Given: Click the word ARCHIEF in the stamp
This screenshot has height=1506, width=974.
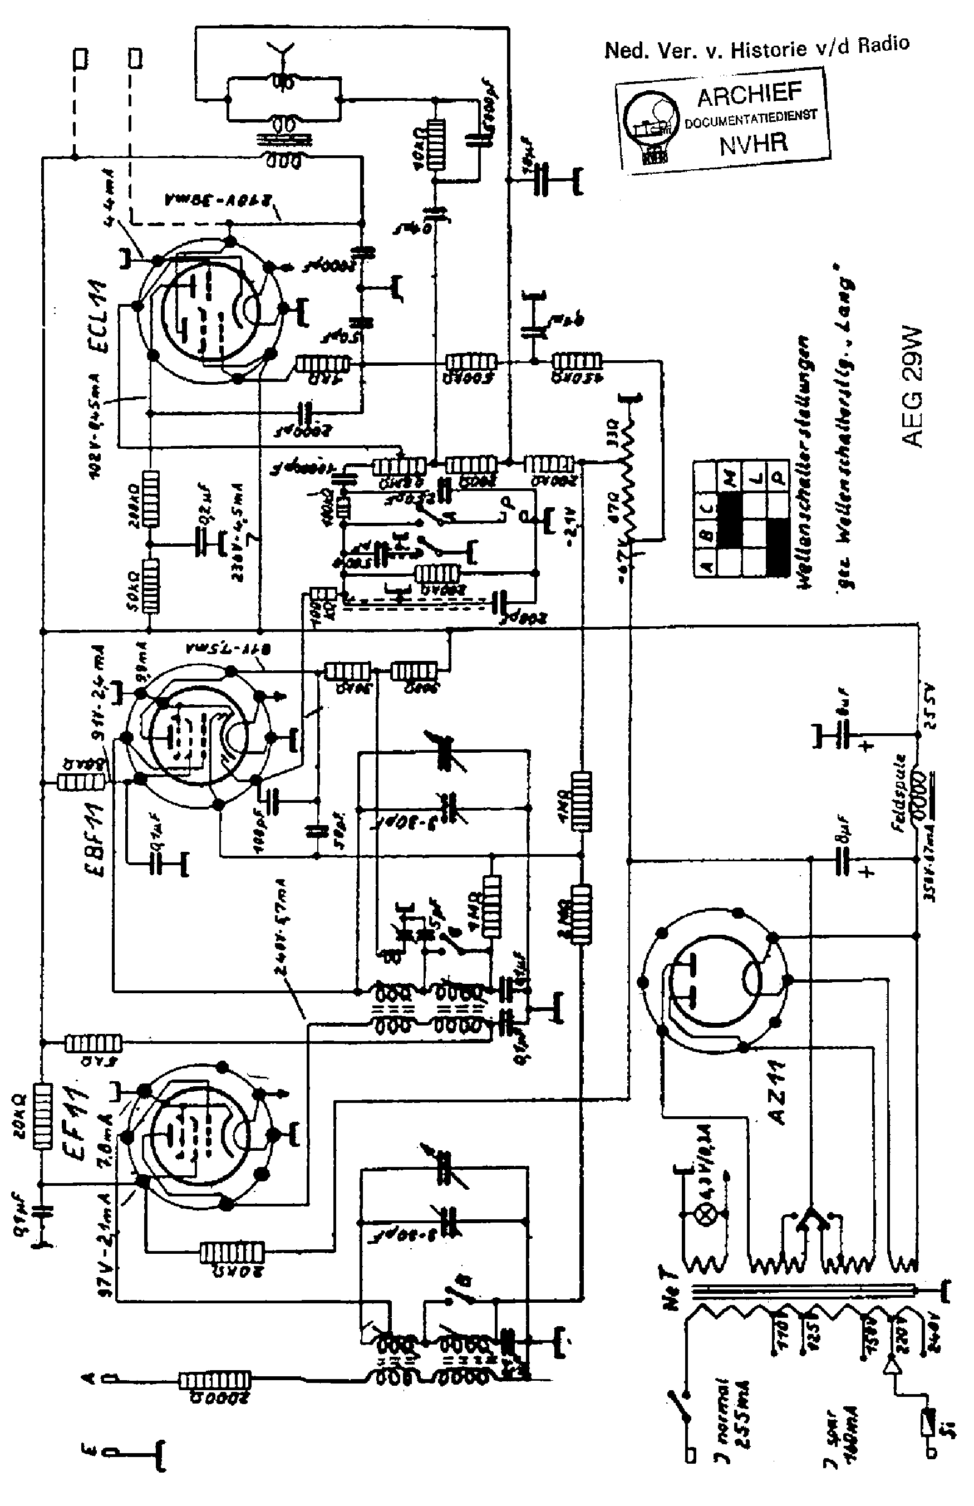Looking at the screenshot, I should [750, 95].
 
